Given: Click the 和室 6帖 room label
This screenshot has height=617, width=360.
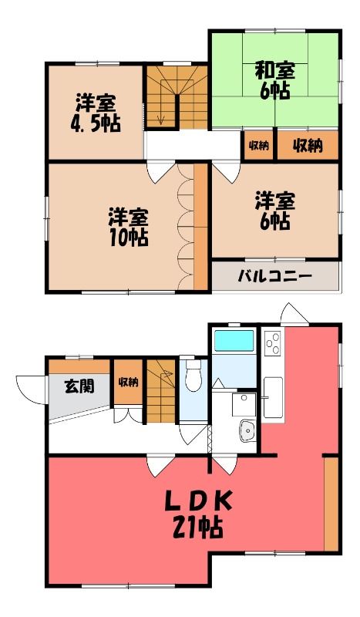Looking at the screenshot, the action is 274,81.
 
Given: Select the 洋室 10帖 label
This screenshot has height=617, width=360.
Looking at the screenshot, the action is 129,228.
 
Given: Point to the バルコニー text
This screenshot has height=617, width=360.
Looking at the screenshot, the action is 274,276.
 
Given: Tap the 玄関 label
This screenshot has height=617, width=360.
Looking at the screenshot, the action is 79,386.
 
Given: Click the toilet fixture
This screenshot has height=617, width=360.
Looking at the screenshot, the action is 193,375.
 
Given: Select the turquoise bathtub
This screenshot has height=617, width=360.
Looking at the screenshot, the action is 234,340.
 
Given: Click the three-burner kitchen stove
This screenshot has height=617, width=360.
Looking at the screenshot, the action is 273,343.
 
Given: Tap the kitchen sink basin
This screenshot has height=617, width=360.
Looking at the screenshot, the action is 273,397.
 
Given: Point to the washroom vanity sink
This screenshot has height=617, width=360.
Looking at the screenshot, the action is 247,430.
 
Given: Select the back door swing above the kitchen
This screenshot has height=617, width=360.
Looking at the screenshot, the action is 294,314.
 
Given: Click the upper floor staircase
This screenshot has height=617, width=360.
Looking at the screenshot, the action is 177,97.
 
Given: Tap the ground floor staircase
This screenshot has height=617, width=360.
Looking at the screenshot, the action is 161,391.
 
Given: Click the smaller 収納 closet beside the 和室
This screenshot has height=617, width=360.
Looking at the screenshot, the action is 258,146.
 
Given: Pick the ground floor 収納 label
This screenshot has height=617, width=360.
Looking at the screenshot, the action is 128,382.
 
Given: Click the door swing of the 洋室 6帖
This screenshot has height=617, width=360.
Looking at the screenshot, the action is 226,173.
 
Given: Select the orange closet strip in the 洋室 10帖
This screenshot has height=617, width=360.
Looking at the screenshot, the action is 200,227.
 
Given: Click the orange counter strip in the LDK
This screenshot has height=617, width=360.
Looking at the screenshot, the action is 331,504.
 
